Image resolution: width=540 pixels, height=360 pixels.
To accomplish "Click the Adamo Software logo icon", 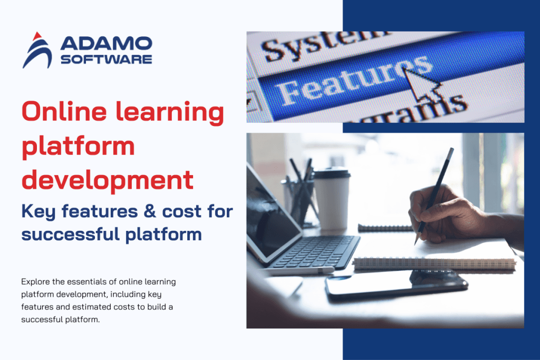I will pyautogui.click(x=37, y=51).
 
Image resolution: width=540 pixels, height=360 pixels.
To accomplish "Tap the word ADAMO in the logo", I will pyautogui.click(x=106, y=44).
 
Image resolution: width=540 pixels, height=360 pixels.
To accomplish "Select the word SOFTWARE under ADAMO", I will pyautogui.click(x=106, y=59).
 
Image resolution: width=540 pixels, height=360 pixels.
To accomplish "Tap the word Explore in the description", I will pyautogui.click(x=36, y=281).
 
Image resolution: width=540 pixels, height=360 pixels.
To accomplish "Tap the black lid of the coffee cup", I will pyautogui.click(x=332, y=172).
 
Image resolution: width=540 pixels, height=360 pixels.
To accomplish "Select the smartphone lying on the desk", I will pyautogui.click(x=396, y=285).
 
